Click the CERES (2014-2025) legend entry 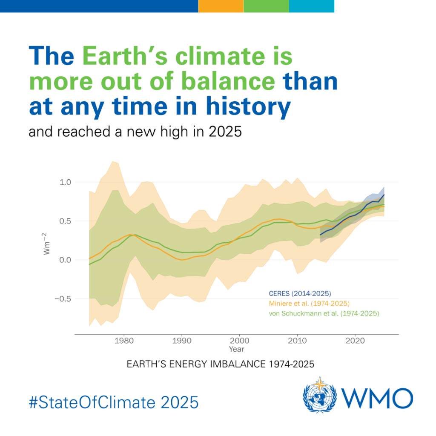point(299,294)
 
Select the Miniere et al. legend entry point(309,304)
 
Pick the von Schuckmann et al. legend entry point(324,314)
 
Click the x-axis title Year point(236,350)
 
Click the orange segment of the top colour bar point(221,6)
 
